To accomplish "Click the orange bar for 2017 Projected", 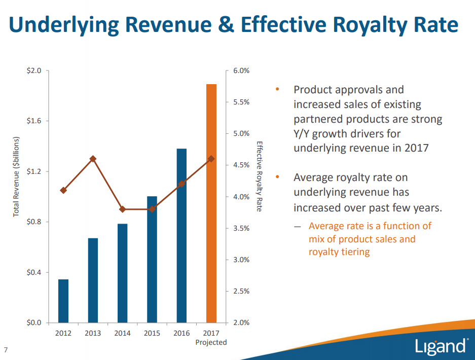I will tap(211, 203).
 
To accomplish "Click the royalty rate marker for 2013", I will tap(93, 159).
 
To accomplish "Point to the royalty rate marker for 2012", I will tap(63, 191).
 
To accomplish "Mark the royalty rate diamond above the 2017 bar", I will tap(211, 159).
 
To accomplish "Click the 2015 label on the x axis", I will tap(152, 333).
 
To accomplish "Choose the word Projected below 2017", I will tap(211, 342).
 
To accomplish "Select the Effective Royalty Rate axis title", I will tap(259, 176).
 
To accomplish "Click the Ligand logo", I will tap(441, 346).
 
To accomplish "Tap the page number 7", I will tap(6, 349).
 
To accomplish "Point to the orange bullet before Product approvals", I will tap(277, 90).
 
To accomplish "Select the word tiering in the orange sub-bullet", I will tap(354, 251).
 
